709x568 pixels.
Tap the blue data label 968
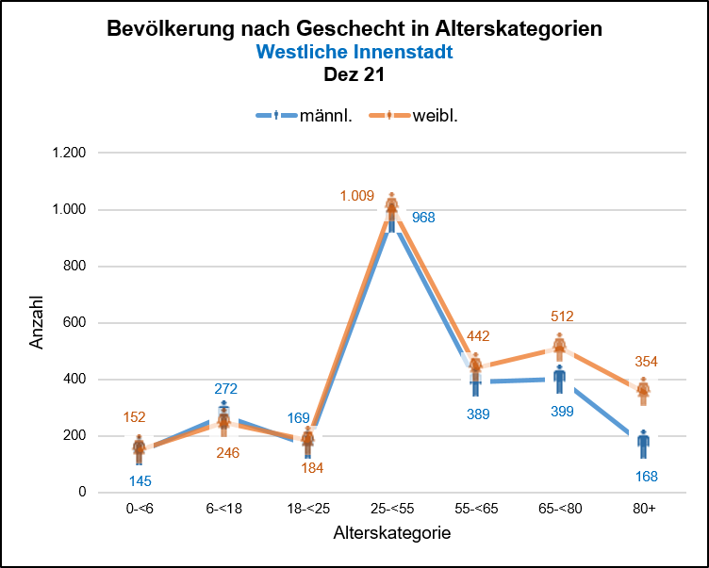423,218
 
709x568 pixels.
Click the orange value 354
646,362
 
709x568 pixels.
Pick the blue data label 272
225,388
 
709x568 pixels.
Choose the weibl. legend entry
435,116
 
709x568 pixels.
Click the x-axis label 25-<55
392,508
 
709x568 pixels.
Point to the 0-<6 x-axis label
140,508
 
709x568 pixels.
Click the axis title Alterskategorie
391,533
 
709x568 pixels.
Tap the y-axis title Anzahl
37,322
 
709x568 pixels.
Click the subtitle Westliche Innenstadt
354,52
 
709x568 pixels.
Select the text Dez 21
354,73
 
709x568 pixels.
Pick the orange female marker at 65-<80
560,347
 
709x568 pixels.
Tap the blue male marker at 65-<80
560,379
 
